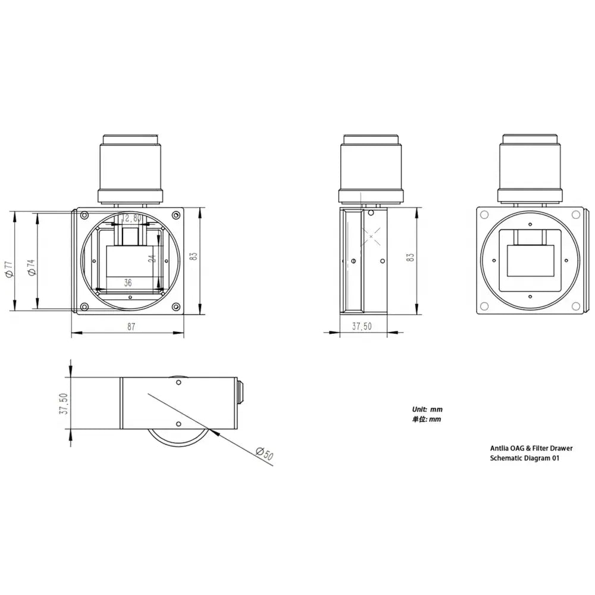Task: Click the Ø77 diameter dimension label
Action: pos(8,269)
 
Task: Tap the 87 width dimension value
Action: pos(131,326)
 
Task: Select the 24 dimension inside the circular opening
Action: pos(152,258)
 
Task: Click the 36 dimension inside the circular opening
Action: pos(128,283)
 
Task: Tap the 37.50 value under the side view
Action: pos(362,326)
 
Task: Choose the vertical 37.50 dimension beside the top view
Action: pos(64,403)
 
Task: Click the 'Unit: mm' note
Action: pos(427,409)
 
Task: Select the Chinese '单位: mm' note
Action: pos(427,419)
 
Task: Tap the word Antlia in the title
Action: pos(500,448)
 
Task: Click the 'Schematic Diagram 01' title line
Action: pos(524,458)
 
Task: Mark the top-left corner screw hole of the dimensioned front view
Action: pos(84,215)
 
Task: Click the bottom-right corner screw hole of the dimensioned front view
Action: pos(176,307)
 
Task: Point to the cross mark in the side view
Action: pos(371,236)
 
